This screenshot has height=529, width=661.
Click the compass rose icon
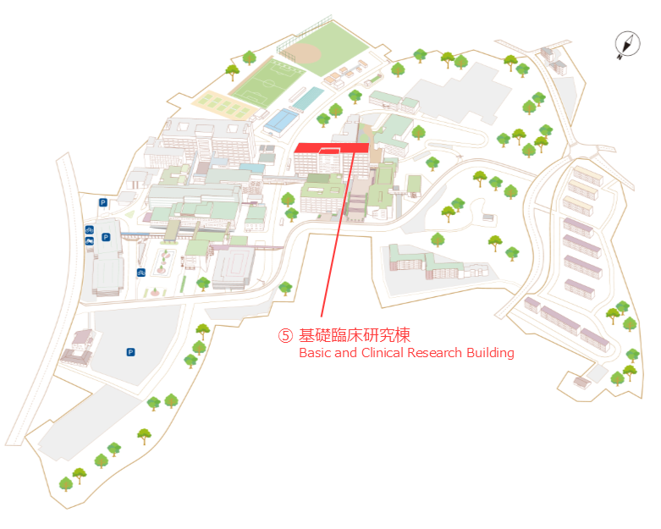(627, 44)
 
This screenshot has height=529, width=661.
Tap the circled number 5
(285, 335)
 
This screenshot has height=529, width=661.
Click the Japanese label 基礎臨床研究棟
(355, 335)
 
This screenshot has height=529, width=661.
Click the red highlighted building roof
(332, 147)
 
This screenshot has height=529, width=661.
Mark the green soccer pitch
(267, 83)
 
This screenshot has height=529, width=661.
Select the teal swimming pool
(308, 98)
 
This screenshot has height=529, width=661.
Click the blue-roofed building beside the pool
(281, 120)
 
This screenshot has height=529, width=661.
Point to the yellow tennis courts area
(223, 104)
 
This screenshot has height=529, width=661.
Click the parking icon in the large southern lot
(130, 352)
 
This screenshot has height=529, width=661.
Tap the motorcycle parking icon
(90, 241)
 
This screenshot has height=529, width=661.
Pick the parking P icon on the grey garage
(106, 237)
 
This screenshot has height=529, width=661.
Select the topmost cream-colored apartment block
(588, 175)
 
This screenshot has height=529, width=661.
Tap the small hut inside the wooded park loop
(488, 218)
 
